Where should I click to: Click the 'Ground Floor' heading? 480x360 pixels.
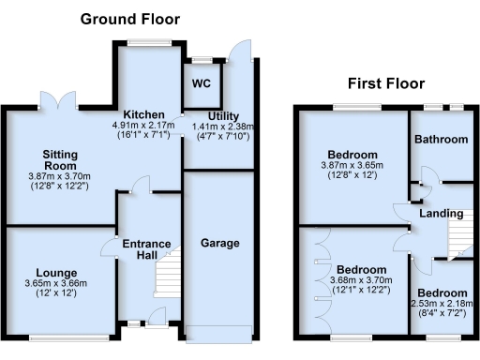pyautogui.click(x=129, y=19)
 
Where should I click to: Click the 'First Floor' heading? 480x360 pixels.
pyautogui.click(x=384, y=82)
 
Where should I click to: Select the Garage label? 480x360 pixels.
pyautogui.click(x=218, y=243)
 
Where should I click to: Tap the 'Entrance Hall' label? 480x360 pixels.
pyautogui.click(x=147, y=251)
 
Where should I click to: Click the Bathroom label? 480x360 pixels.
pyautogui.click(x=443, y=140)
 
